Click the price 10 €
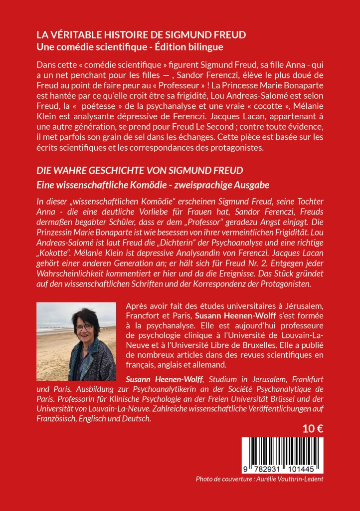coord(312,428)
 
